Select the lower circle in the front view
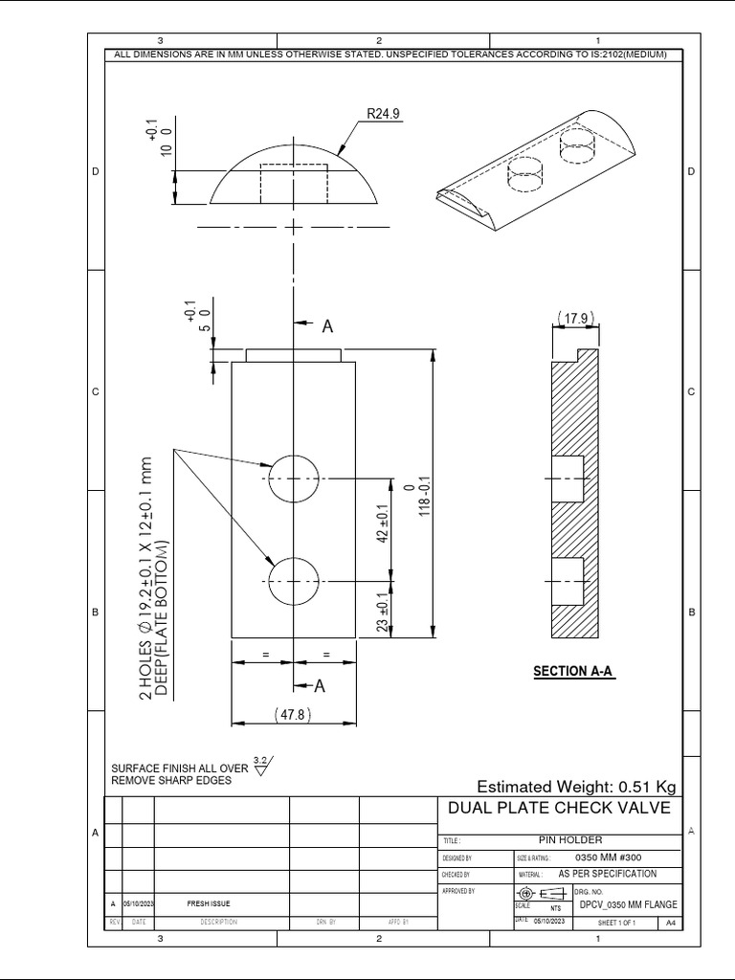tap(293, 581)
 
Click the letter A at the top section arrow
tap(327, 326)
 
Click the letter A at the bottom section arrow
tap(321, 685)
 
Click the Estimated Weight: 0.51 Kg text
tap(576, 787)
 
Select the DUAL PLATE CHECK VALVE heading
tap(559, 809)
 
